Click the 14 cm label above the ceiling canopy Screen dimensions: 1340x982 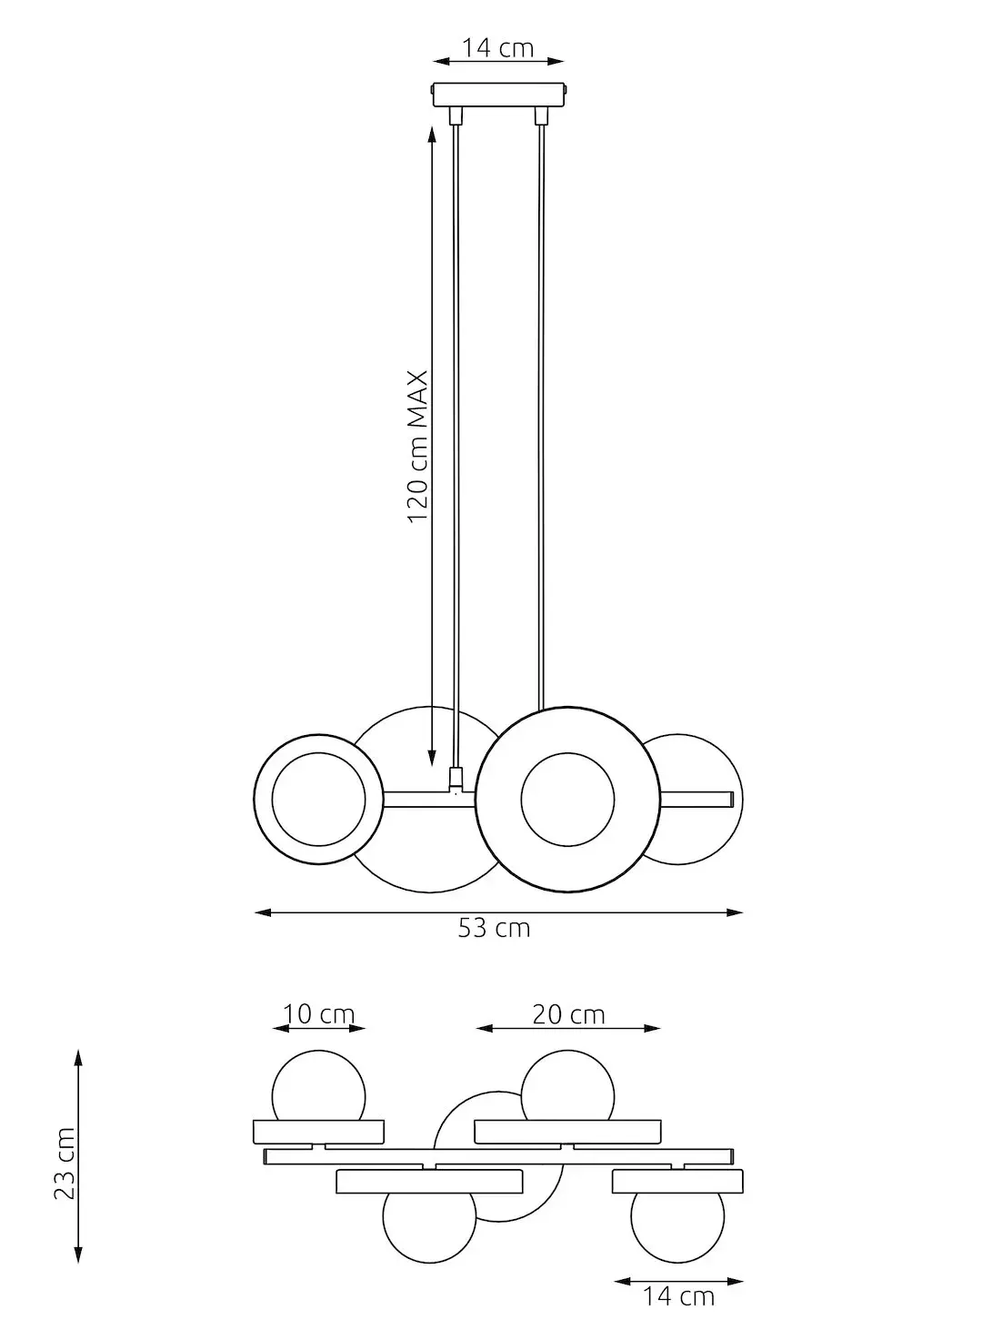[497, 47]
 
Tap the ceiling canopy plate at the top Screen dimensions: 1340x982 [498, 95]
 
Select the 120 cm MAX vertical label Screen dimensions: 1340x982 [417, 446]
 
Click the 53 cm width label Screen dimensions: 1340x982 [494, 929]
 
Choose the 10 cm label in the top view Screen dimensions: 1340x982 [318, 1013]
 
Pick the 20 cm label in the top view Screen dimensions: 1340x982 [568, 1013]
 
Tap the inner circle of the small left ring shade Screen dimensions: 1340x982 [318, 799]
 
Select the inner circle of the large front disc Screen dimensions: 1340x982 [566, 799]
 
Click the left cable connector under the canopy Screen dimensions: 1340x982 [456, 116]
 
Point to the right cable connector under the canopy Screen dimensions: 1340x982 [541, 116]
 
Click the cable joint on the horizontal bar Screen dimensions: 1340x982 [456, 779]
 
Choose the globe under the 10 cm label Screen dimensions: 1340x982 [318, 1087]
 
